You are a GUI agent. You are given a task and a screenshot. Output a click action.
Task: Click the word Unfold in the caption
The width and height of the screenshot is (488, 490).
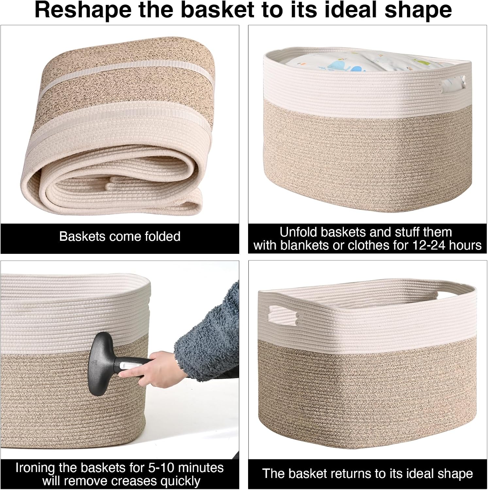(298, 232)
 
